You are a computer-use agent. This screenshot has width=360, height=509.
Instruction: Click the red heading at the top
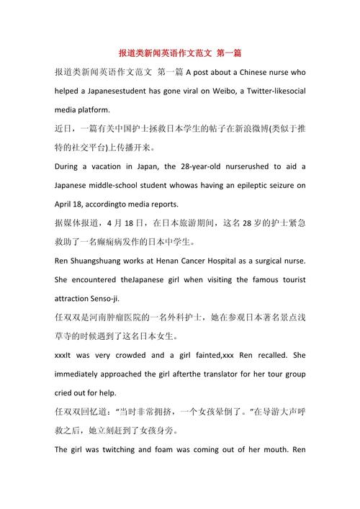point(180,53)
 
